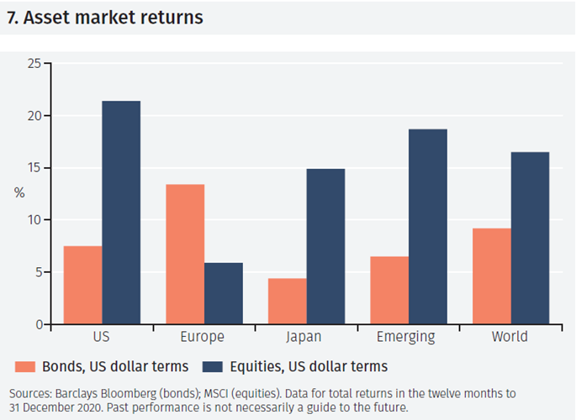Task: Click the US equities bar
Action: tap(121, 213)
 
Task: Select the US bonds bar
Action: tap(82, 285)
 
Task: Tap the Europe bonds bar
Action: tap(185, 254)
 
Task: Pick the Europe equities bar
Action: tap(224, 293)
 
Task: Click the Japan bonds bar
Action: tap(287, 301)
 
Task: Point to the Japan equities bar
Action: tap(325, 246)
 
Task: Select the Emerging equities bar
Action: tap(428, 227)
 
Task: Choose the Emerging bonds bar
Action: tap(389, 290)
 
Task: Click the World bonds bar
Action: tap(492, 276)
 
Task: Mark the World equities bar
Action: tap(531, 238)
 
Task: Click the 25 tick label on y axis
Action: tap(34, 64)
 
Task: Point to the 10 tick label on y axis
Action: tap(34, 220)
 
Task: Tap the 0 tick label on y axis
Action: tap(38, 324)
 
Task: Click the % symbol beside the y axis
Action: tap(19, 192)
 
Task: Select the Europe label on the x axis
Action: tap(203, 338)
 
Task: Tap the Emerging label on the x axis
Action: tap(408, 338)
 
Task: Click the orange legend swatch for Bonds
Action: tap(25, 366)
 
